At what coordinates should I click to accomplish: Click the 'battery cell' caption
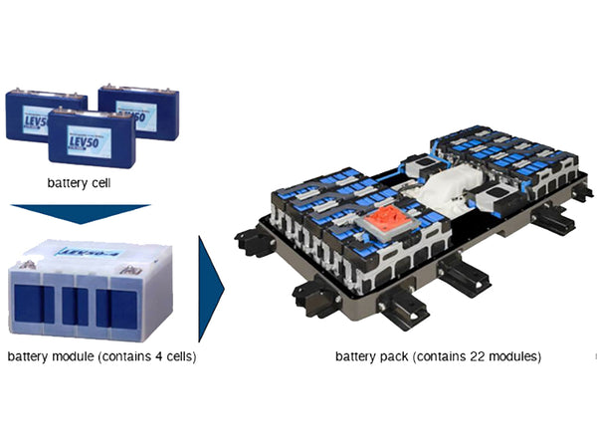coord(81,183)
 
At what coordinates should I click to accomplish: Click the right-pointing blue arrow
coord(211,289)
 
